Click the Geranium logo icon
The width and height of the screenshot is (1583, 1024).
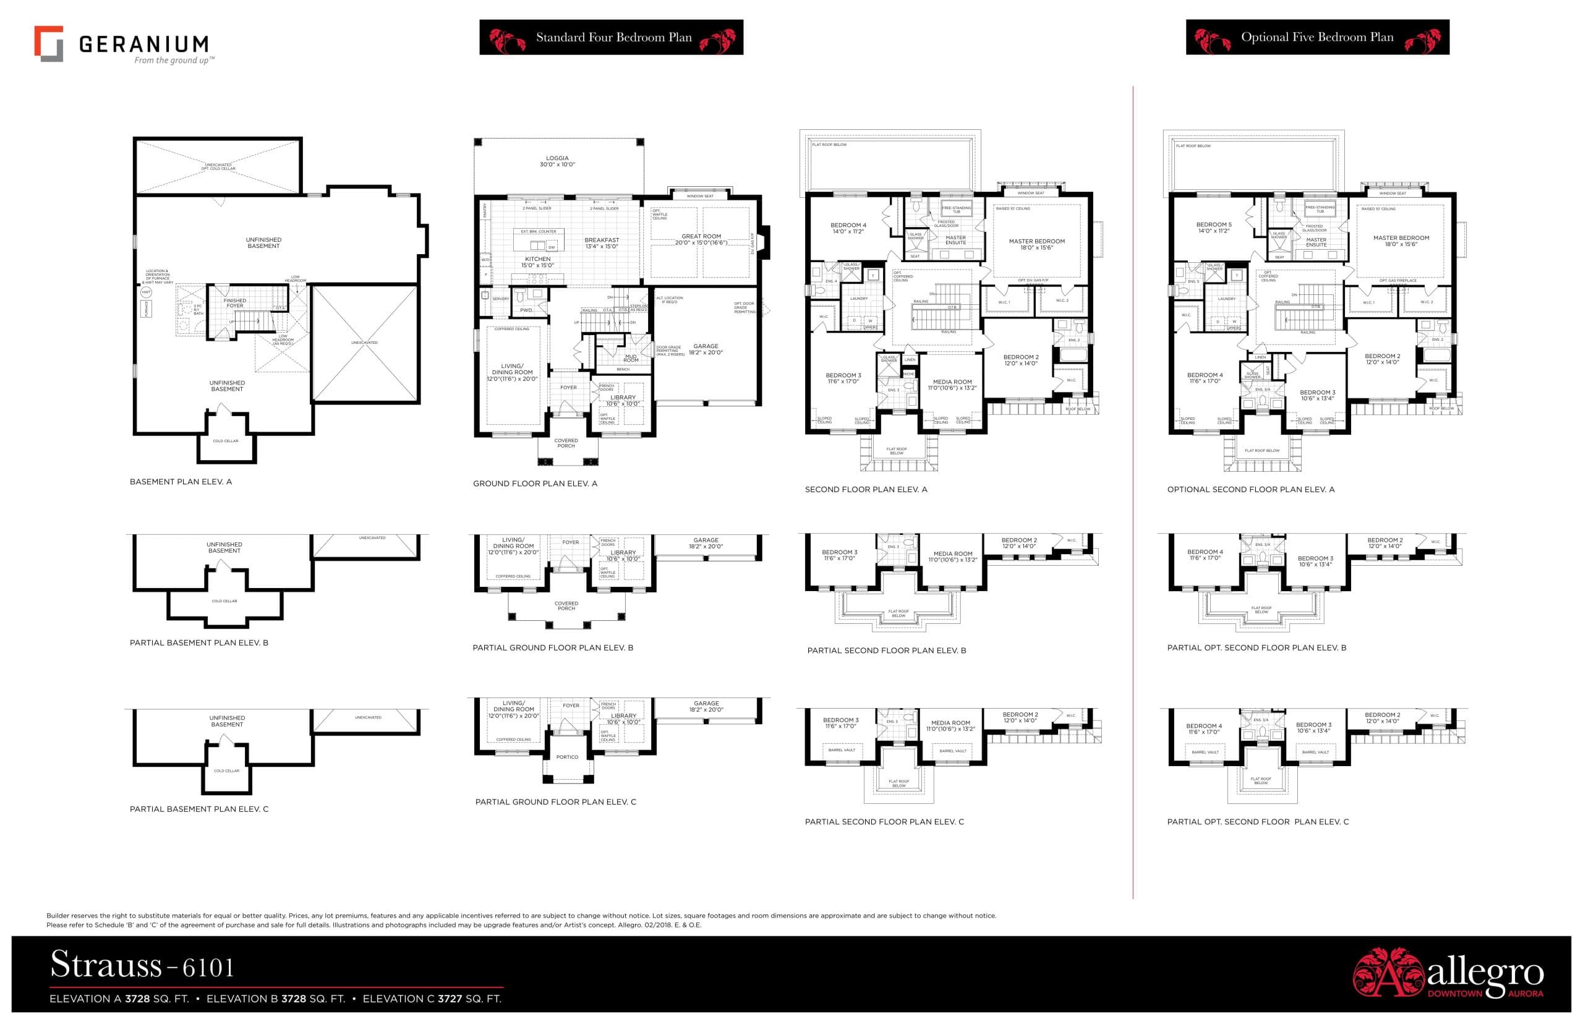coord(48,44)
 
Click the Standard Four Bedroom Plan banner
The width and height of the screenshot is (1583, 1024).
coord(611,37)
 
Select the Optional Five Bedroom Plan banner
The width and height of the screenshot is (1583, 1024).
coord(1316,37)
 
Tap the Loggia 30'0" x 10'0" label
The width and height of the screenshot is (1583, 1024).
coord(557,161)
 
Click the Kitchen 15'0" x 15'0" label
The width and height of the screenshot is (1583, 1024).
coord(537,262)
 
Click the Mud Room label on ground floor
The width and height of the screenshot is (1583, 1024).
coord(630,359)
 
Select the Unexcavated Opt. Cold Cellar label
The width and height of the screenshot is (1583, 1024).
coord(218,166)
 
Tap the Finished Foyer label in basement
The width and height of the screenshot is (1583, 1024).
coord(235,303)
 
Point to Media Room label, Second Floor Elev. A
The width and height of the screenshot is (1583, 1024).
coord(952,385)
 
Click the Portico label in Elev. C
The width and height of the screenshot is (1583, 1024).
coord(567,757)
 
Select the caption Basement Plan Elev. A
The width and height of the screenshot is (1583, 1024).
coord(181,482)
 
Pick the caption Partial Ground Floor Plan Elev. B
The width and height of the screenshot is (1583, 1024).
coord(552,647)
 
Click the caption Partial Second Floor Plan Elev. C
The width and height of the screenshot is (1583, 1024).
coord(884,822)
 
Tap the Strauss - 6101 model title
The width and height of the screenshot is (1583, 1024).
coord(142,965)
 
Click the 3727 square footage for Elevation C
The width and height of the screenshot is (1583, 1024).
coord(450,999)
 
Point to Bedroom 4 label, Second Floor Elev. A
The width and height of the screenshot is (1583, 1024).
coord(848,228)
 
